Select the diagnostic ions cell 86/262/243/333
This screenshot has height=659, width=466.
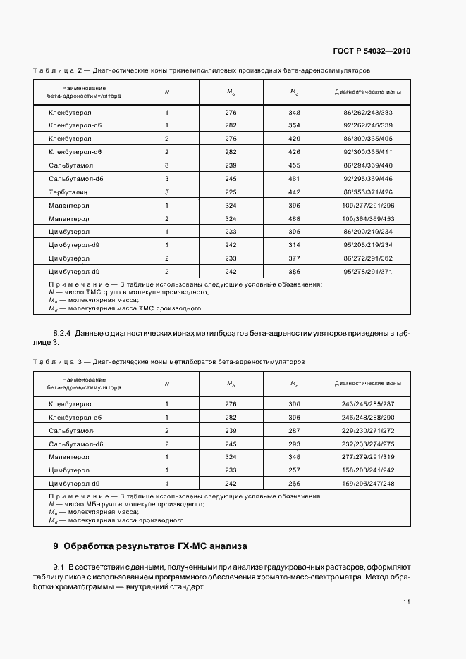tap(367, 113)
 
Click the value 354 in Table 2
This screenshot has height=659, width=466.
tap(294, 125)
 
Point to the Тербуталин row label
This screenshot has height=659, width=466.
tap(69, 192)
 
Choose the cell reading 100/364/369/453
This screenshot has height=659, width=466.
tap(367, 218)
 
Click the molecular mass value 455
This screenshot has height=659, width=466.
tap(294, 165)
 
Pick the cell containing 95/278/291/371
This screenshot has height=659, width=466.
tap(367, 271)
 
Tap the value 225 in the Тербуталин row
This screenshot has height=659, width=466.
tap(231, 192)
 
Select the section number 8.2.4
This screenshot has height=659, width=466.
tap(65, 332)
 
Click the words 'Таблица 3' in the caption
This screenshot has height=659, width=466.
tap(58, 362)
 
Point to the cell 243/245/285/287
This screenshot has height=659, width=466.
tap(367, 403)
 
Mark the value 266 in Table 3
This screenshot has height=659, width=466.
tap(294, 484)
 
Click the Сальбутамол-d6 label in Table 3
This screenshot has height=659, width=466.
tap(76, 444)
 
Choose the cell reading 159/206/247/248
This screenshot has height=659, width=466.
tap(367, 484)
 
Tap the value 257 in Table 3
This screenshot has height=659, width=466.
tap(294, 470)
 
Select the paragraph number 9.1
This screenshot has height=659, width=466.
tap(59, 567)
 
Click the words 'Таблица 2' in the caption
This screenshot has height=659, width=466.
tap(58, 71)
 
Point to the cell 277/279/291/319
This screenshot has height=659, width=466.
tap(367, 457)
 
